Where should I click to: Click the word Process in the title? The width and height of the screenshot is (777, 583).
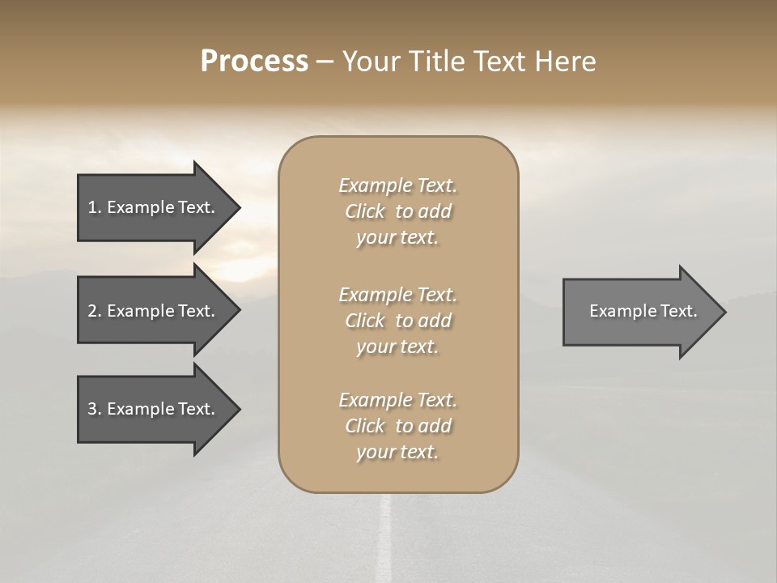(x=254, y=62)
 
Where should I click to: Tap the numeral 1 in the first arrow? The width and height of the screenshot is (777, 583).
(x=92, y=207)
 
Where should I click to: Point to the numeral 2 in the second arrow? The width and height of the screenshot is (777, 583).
(x=92, y=311)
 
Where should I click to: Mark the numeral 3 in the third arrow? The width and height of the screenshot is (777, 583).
(x=92, y=409)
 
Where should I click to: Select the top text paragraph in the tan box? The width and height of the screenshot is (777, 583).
(x=397, y=211)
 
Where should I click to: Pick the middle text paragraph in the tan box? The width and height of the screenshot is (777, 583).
(x=397, y=321)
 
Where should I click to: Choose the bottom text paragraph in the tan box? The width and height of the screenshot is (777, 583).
(x=397, y=426)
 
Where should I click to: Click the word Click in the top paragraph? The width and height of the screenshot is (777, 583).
(x=365, y=211)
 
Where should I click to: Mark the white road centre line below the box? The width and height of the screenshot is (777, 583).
(x=385, y=538)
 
